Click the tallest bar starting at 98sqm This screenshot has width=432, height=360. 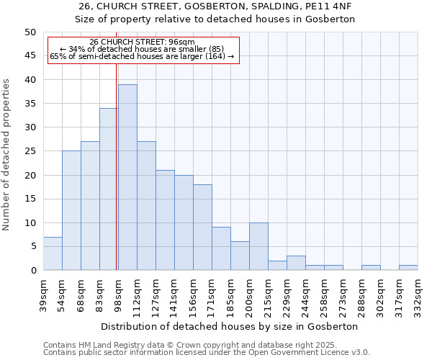127,177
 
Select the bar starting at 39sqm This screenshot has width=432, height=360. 53,253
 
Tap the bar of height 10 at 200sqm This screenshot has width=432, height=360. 258,246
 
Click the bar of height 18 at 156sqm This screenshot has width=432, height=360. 202,227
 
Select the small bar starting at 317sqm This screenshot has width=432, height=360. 408,268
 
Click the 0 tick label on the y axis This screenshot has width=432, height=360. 33,271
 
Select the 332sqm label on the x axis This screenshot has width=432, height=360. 418,293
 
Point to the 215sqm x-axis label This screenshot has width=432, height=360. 268,293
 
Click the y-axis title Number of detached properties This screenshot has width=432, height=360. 6,154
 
